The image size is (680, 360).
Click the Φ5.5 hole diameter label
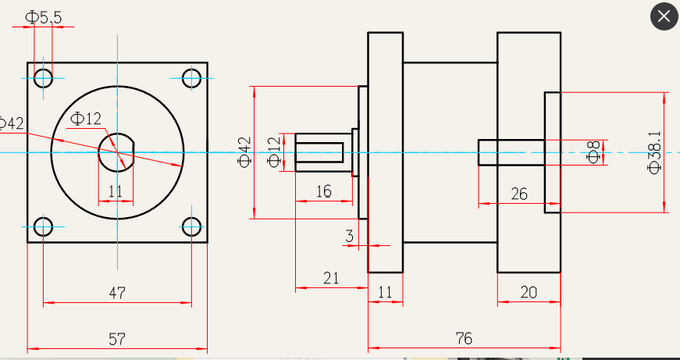[x=44, y=16]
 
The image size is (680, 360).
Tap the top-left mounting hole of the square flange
[x=43, y=77]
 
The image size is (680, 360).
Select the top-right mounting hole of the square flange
[x=191, y=77]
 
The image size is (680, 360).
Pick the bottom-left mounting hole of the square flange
[x=43, y=227]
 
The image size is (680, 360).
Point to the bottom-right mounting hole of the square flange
[x=191, y=227]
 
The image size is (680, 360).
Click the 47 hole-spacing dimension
[x=117, y=294]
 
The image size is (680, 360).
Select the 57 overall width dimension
[x=117, y=340]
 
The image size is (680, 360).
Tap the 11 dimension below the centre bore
[x=116, y=191]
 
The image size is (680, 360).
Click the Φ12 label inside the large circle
[x=86, y=119]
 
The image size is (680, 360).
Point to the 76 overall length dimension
[x=463, y=339]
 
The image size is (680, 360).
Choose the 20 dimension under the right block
[x=529, y=293]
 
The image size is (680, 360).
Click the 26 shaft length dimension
[x=519, y=194]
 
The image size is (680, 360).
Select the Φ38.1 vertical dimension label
[x=654, y=152]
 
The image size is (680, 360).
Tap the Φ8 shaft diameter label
[x=594, y=152]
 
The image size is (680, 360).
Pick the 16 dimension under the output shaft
[x=324, y=191]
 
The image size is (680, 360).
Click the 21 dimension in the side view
[x=331, y=278]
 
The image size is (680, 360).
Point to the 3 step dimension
[x=349, y=236]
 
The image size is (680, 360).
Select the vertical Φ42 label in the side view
[x=245, y=152]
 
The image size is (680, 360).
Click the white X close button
[x=664, y=17]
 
